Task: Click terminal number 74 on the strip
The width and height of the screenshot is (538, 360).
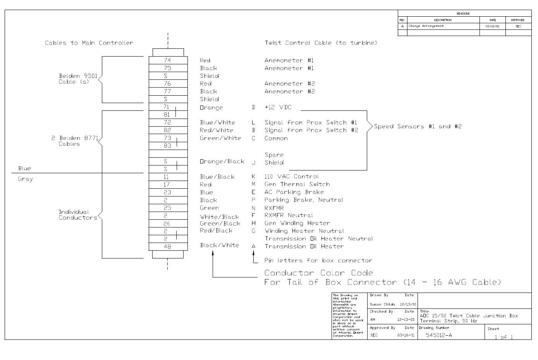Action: pyautogui.click(x=167, y=60)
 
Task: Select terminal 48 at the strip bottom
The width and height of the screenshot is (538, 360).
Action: pyautogui.click(x=167, y=246)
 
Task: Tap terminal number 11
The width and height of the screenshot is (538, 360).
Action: pyautogui.click(x=166, y=177)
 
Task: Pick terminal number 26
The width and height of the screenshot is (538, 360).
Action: pyautogui.click(x=167, y=224)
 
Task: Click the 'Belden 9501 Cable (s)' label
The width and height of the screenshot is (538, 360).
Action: pyautogui.click(x=77, y=79)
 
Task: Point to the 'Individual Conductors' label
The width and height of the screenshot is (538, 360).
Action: pyautogui.click(x=77, y=215)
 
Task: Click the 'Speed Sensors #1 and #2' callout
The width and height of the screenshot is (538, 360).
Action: pyautogui.click(x=418, y=126)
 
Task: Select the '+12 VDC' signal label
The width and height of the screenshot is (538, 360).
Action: pyautogui.click(x=278, y=107)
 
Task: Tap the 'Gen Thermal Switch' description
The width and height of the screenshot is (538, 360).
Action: pyautogui.click(x=297, y=184)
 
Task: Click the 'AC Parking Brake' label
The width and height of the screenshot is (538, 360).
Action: pyautogui.click(x=294, y=192)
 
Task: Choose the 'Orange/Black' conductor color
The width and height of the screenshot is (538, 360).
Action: pyautogui.click(x=222, y=162)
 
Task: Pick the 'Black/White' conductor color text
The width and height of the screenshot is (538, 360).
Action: pyautogui.click(x=219, y=245)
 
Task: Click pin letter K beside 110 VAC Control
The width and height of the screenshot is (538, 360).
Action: pyautogui.click(x=254, y=177)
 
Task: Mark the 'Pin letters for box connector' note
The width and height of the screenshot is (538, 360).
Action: pyautogui.click(x=318, y=260)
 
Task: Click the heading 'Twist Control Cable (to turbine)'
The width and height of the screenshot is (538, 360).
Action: pyautogui.click(x=321, y=43)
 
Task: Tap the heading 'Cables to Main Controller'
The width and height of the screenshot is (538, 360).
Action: pyautogui.click(x=89, y=43)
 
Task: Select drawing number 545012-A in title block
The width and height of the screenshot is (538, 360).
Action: pyautogui.click(x=439, y=335)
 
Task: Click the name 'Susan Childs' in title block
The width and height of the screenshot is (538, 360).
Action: pyautogui.click(x=382, y=305)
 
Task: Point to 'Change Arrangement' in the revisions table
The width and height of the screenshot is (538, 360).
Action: pyautogui.click(x=426, y=26)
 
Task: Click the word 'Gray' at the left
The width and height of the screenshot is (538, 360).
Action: pyautogui.click(x=26, y=179)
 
